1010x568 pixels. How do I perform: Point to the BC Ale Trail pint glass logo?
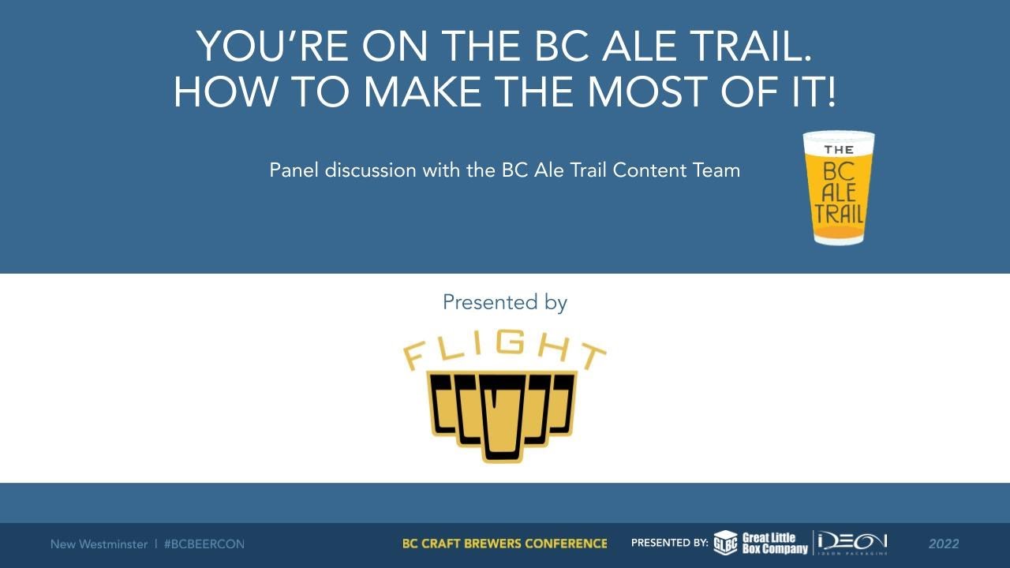coord(839,188)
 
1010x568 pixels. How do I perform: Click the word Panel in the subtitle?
coord(293,170)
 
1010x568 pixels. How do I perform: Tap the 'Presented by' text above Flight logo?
coord(505,302)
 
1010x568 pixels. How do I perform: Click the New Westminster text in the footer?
coord(99,544)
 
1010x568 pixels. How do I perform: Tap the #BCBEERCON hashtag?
coord(204,544)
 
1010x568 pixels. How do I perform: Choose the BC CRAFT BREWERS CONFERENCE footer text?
coord(505,544)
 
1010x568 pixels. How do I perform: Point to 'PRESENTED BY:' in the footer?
coord(669,544)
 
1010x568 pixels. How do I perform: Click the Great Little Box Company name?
coord(775,544)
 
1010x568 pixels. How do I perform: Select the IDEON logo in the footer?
coord(853,544)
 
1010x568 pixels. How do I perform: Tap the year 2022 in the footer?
coord(944,544)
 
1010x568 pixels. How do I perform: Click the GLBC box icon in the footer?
coord(725,544)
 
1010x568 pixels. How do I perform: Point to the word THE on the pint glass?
coord(839,150)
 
